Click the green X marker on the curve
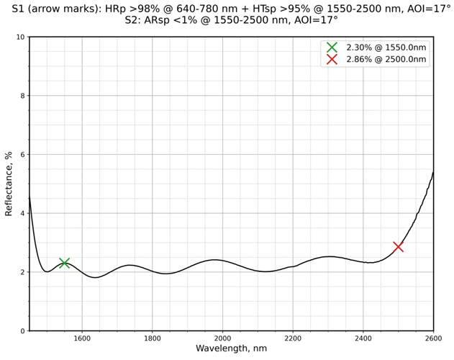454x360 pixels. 65,263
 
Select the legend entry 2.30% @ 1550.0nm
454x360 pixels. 386,48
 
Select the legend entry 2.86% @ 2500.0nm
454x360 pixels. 386,59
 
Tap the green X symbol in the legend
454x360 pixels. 332,48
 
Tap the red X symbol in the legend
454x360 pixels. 332,59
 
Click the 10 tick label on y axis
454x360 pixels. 20,37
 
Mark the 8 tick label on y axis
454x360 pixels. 22,96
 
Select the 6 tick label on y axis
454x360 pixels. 22,155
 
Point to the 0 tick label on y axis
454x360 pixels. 22,331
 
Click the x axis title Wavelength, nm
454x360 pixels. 231,349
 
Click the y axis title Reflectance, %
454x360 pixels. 9,184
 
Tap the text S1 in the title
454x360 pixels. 19,8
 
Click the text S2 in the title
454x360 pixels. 132,20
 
